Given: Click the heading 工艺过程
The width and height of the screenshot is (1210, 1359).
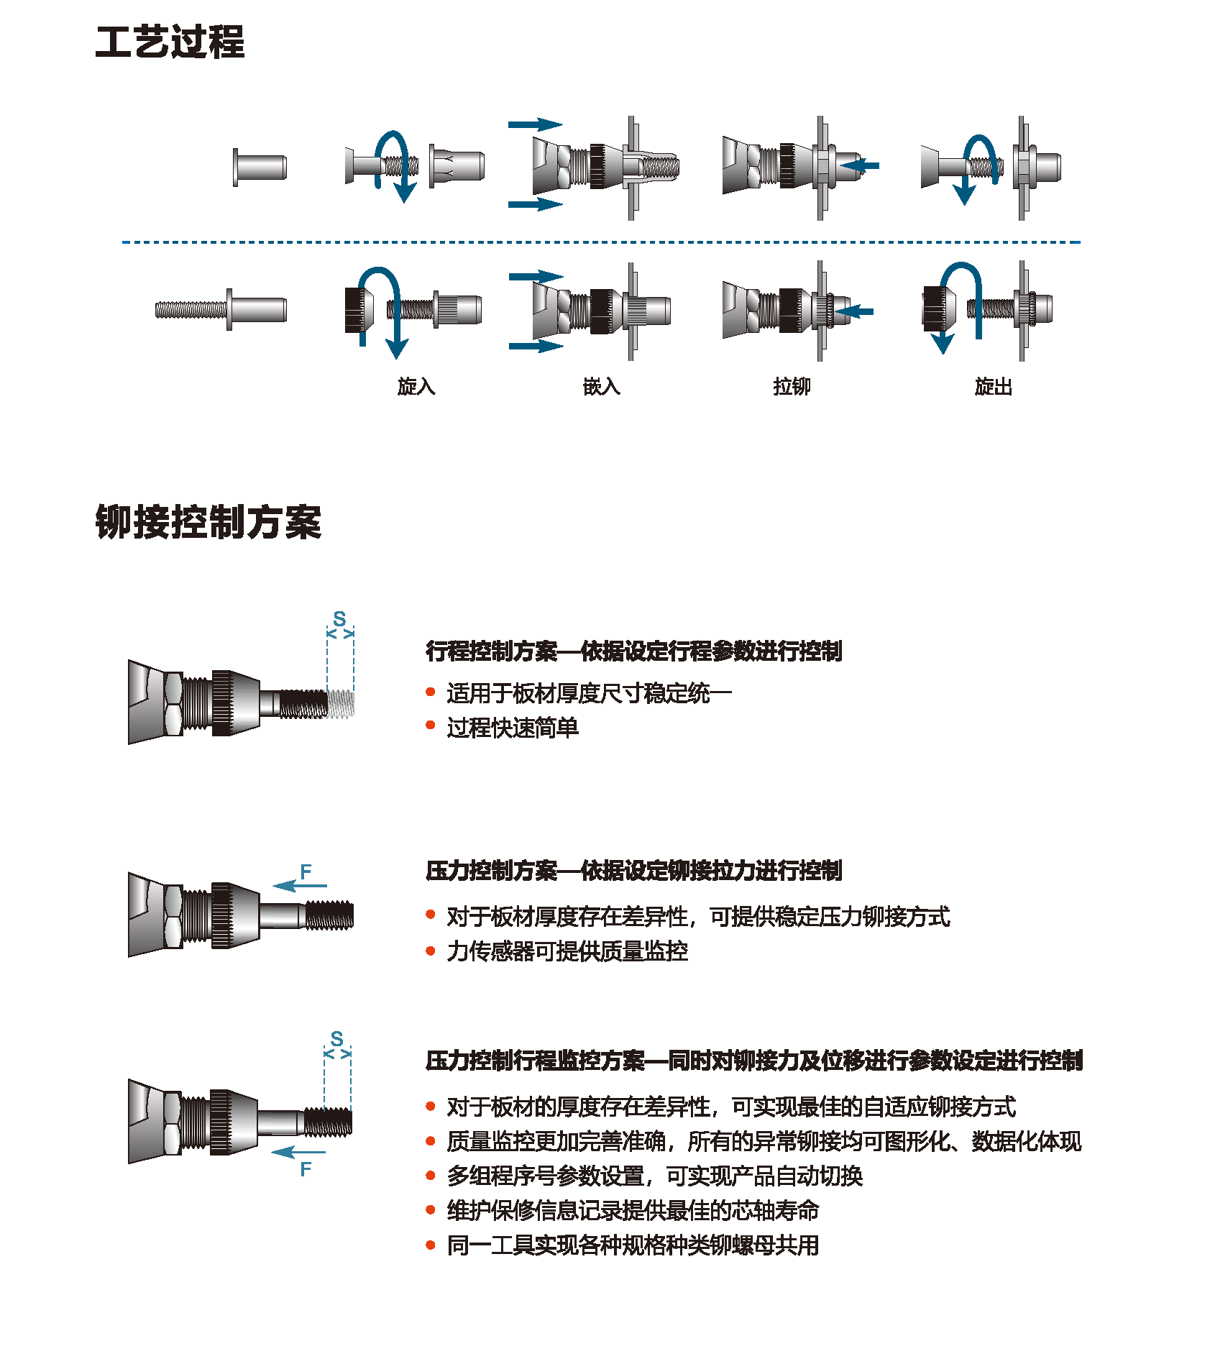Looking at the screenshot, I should (170, 42).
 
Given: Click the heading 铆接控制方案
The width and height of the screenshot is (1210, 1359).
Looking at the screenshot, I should (208, 521).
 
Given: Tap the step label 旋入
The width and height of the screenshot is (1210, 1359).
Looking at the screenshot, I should (416, 387).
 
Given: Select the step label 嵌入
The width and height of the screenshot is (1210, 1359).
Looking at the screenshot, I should (601, 387).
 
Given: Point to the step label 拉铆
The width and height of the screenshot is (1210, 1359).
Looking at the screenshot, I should (792, 387).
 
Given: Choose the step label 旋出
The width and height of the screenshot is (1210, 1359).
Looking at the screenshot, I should (993, 387).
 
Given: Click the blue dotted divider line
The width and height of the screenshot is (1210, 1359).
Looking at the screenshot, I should (601, 242).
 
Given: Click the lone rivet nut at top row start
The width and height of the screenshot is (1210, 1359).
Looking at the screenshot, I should (260, 167).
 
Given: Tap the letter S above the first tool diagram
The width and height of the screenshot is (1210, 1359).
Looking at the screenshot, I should (339, 618).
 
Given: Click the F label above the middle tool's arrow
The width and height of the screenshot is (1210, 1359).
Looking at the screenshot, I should (306, 871).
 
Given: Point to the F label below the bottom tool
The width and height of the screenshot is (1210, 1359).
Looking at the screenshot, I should (306, 1169).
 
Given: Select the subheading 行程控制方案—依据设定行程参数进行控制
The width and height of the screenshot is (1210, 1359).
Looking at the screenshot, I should (633, 651).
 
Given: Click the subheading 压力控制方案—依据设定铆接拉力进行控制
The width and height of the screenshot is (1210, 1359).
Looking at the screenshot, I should (633, 871).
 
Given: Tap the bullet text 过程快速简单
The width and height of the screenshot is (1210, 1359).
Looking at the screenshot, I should (512, 728).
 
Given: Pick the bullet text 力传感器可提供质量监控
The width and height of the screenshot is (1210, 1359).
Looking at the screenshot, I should (567, 951).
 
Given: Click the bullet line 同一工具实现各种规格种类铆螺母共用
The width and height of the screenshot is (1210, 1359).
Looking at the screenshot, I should (633, 1245).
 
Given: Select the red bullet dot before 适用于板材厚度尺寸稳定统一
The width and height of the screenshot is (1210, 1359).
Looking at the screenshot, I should (431, 692).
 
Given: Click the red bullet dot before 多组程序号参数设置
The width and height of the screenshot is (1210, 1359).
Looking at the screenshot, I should (431, 1176).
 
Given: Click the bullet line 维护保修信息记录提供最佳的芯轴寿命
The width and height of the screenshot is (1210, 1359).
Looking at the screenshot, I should (633, 1210).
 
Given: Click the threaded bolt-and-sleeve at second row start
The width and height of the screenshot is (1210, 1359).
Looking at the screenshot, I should (221, 310).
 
